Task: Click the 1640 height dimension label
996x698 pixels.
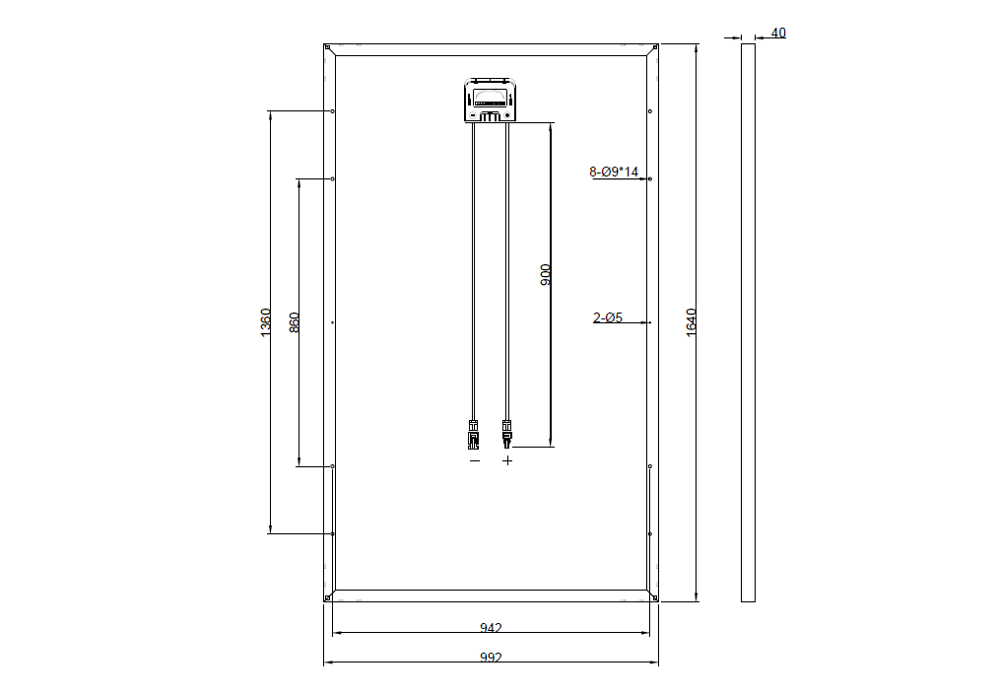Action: (x=692, y=322)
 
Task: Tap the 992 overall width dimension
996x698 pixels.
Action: (x=491, y=658)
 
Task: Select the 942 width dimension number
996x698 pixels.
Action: (x=491, y=628)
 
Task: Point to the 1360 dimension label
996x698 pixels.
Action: (x=266, y=322)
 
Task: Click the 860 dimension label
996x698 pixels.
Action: (x=295, y=322)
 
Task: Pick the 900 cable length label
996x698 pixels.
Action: (x=546, y=275)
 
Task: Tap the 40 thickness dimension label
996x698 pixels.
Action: (x=778, y=33)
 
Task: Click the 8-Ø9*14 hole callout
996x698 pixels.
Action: (x=614, y=172)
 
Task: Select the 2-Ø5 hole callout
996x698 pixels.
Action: (x=608, y=317)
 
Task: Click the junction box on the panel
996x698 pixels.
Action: (x=490, y=100)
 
